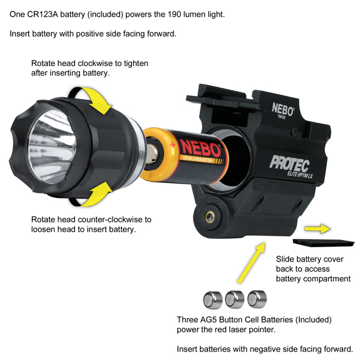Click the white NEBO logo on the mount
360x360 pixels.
coord(283,109)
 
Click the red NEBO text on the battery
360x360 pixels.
coord(200,149)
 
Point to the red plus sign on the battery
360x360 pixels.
coord(172,145)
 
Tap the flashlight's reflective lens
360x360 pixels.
coord(52,147)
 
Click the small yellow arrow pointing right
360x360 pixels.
coord(318,229)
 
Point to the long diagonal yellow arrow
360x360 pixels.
coord(251,263)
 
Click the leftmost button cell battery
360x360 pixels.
coord(213,299)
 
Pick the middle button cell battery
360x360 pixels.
coord(235,299)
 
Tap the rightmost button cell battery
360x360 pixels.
coord(257,299)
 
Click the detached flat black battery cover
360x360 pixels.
coord(324,242)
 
